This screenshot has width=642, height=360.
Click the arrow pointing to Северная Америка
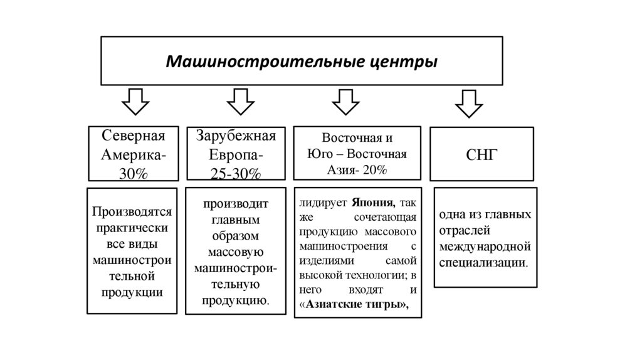point(134,101)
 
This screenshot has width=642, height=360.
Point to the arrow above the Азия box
point(344,101)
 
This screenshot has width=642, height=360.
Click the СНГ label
point(481,154)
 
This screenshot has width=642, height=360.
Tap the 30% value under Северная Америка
point(134,174)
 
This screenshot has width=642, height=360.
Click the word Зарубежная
point(236,137)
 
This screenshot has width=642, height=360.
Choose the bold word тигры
point(387,305)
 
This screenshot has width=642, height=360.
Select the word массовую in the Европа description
point(236,252)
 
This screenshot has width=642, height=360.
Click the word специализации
point(483,261)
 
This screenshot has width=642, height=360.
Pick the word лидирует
point(321,203)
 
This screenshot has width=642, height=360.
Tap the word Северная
point(133,137)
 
